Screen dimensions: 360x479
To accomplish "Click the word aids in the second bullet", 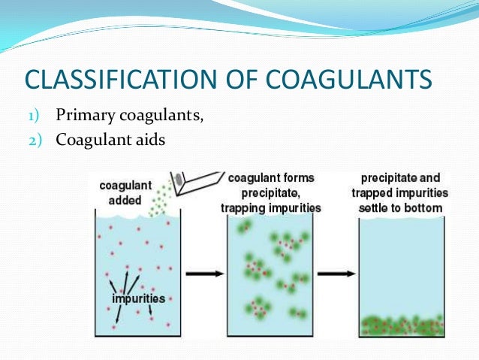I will pos(147,140).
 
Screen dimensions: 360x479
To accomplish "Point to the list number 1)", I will pos(38,116).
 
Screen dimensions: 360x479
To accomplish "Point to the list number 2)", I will pos(38,141).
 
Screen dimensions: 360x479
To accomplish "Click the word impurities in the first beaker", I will pos(139,298).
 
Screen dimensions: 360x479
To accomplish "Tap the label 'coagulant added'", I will pos(124,191).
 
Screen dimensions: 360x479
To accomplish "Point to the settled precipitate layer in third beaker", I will pos(401,326).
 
